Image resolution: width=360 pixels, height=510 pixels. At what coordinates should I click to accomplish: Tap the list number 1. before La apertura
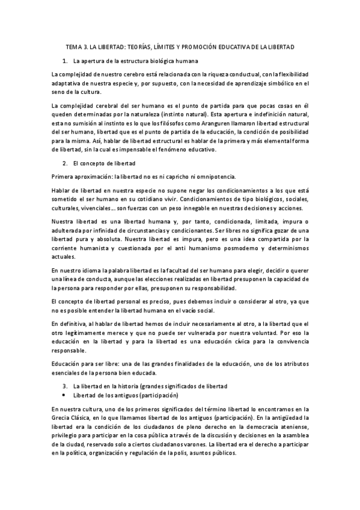(65, 61)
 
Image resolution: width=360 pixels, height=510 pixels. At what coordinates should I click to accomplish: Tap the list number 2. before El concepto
(65, 163)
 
